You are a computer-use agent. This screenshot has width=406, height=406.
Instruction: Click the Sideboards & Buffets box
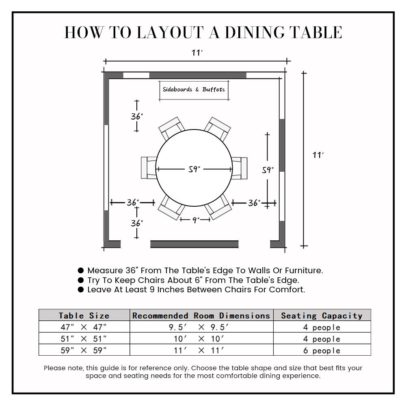click(194, 90)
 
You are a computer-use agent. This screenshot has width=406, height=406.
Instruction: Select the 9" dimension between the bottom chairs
click(195, 220)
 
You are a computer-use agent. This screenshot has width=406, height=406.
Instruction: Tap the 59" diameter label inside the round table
click(194, 169)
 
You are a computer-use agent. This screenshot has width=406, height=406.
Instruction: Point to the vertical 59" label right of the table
click(268, 170)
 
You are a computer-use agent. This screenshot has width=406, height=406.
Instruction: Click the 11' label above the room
click(197, 53)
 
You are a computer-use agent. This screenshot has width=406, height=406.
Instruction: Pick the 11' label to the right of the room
click(318, 155)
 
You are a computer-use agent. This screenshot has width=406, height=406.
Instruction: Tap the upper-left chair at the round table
click(170, 129)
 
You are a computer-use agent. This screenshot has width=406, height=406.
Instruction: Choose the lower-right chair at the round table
click(218, 206)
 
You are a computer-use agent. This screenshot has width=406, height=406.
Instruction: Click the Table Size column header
click(84, 315)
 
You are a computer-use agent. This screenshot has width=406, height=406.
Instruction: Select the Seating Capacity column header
click(322, 315)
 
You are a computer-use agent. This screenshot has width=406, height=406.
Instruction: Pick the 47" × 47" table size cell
click(84, 327)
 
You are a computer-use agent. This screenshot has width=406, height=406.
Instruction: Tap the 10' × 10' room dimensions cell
click(201, 339)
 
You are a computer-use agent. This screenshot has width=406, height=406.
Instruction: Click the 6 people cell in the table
click(322, 350)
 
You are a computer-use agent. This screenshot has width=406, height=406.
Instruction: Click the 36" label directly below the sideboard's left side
click(137, 117)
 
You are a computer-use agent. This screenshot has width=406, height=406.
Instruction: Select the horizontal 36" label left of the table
click(132, 202)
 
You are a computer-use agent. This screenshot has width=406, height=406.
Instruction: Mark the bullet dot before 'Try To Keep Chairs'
click(81, 280)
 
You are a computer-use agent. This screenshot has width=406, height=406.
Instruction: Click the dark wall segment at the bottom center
click(194, 244)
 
